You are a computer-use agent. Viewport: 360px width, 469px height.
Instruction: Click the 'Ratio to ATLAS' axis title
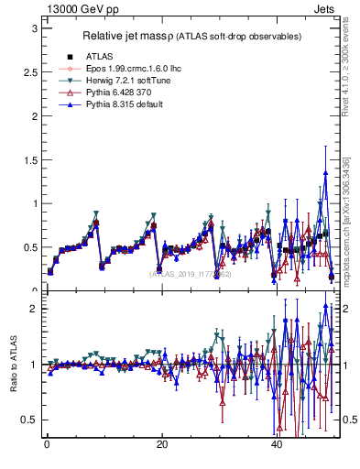(13, 365)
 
